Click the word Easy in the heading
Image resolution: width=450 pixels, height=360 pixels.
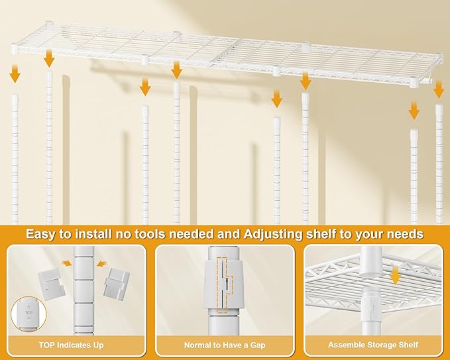(42, 234)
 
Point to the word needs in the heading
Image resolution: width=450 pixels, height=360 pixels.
(405, 234)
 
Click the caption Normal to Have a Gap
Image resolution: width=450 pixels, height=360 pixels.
(224, 345)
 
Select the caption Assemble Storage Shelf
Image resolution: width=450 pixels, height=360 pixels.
(372, 345)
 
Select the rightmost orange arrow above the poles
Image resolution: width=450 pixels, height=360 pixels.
(439, 90)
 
